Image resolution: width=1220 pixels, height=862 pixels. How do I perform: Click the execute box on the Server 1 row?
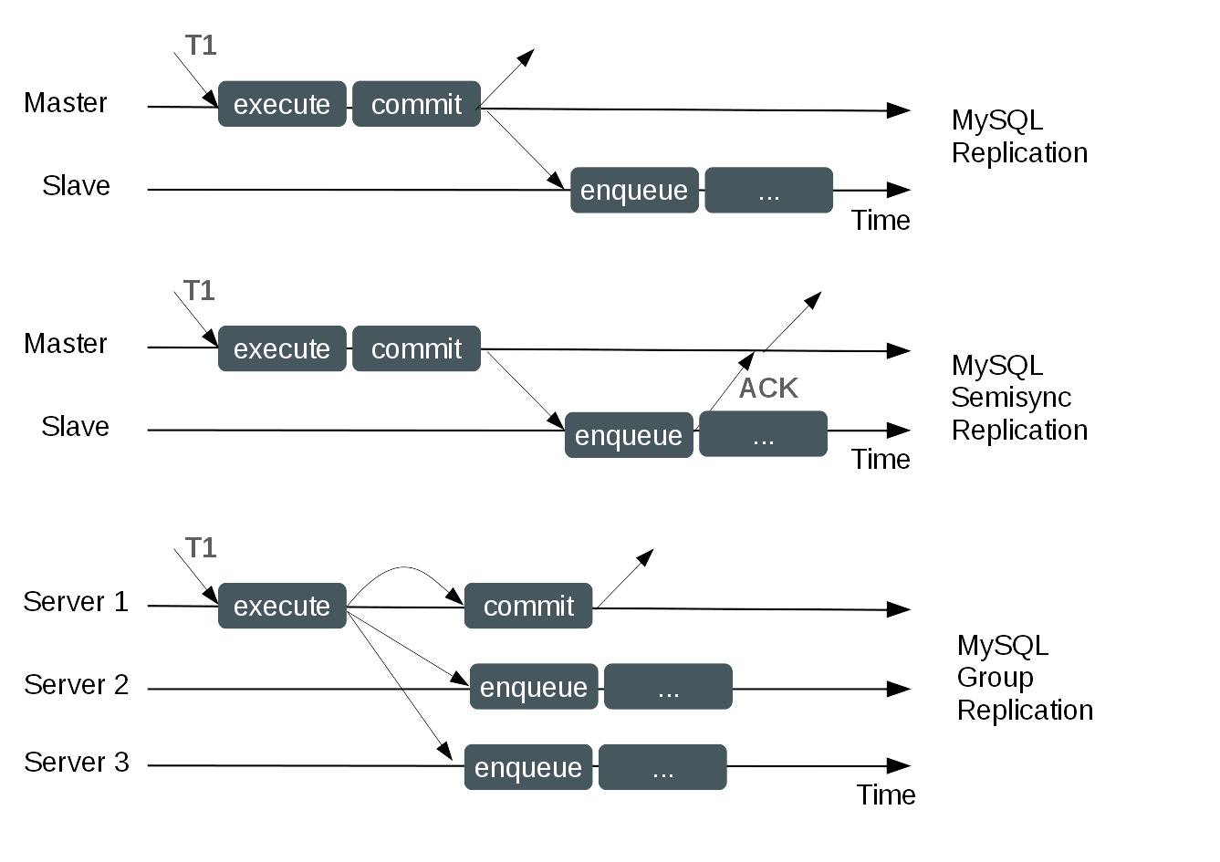[x=282, y=606]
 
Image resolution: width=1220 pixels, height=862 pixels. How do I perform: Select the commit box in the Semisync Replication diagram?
[x=416, y=348]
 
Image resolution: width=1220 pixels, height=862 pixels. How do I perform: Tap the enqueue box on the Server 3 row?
[x=528, y=767]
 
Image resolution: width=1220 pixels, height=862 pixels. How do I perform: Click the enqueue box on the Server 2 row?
[x=534, y=687]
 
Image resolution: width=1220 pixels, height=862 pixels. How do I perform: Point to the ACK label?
[x=768, y=389]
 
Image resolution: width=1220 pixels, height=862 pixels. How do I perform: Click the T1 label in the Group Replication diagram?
[x=201, y=547]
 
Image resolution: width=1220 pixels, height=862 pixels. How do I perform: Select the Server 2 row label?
[x=77, y=685]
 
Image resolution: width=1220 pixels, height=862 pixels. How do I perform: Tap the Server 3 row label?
[x=77, y=763]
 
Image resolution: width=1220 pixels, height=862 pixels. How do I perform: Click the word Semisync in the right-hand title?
[x=1010, y=398]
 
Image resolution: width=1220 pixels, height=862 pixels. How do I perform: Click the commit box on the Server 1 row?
[x=528, y=606]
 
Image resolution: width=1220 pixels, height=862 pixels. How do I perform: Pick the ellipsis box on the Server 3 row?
[x=662, y=767]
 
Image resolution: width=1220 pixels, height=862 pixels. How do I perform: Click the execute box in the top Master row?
[x=282, y=104]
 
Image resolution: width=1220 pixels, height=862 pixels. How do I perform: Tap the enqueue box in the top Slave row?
[x=634, y=191]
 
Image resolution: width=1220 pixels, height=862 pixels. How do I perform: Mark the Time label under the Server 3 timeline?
[x=885, y=795]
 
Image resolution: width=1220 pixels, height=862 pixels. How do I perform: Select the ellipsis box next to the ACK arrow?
[x=763, y=435]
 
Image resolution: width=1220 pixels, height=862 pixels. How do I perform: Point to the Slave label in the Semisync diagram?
[x=75, y=427]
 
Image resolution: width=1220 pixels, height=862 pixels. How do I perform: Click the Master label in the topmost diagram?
[x=66, y=103]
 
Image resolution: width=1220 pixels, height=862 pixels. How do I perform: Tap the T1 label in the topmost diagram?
[x=201, y=46]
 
